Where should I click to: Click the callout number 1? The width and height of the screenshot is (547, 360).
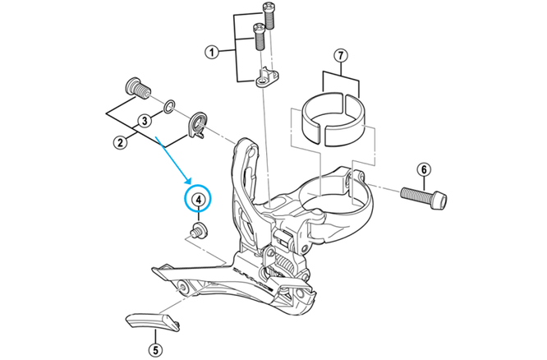click(x=211, y=53)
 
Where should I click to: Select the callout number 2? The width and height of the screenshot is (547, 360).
click(x=120, y=142)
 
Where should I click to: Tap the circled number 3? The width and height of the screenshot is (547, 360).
click(x=144, y=120)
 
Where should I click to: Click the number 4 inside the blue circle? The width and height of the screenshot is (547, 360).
click(x=197, y=199)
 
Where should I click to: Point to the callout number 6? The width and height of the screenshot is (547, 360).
click(x=424, y=170)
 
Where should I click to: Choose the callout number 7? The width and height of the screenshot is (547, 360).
click(x=341, y=57)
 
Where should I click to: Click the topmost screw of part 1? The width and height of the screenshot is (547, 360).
click(x=267, y=12)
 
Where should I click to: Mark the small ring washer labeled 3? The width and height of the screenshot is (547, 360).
click(x=168, y=106)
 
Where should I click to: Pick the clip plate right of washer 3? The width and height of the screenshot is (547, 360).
click(x=197, y=125)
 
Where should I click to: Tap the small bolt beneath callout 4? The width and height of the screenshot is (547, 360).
click(x=196, y=230)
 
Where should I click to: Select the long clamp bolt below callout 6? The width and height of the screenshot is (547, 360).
click(x=425, y=197)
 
